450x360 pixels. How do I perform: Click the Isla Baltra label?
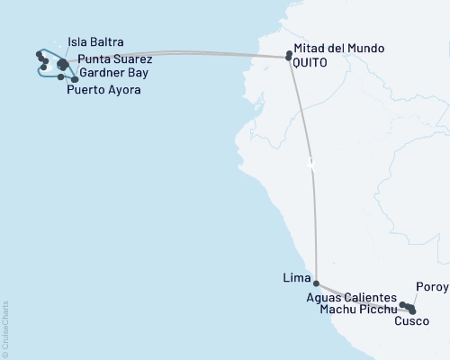96,42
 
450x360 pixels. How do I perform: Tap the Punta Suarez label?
115,59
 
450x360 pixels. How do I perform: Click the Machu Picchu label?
358,310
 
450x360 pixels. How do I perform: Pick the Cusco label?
411,320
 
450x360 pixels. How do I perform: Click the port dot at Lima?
316,283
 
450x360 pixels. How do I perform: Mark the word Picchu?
378,310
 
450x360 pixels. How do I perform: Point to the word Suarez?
134,59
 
